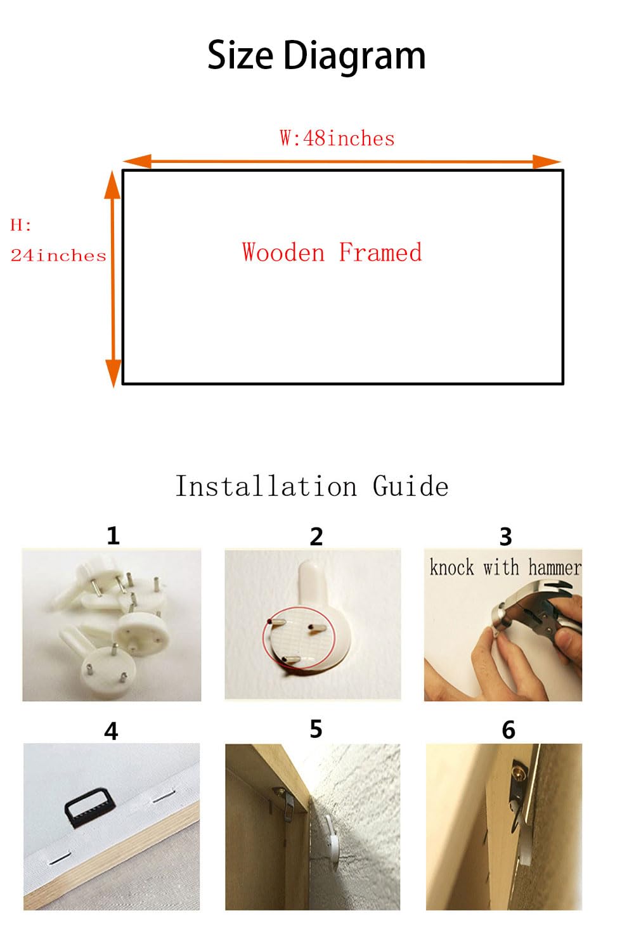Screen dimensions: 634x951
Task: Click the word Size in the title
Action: (240, 55)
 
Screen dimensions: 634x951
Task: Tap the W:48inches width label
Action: (337, 138)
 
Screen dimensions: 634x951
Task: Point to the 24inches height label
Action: (58, 256)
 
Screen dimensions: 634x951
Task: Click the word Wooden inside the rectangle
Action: (283, 252)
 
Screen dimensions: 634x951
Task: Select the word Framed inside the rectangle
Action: (380, 252)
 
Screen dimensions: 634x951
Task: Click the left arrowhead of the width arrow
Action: (137, 162)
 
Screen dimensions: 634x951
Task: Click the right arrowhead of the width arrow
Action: (547, 162)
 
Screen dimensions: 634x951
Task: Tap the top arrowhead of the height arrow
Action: (112, 185)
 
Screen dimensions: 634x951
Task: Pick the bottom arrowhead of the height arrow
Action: (113, 373)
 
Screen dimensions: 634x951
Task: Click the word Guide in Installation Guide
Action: (410, 486)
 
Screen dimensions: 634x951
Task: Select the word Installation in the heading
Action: (266, 486)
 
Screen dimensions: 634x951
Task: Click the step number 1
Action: (113, 536)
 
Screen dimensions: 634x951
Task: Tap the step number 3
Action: (505, 536)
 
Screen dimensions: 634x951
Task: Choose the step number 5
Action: (316, 729)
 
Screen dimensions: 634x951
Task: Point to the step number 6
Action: (508, 730)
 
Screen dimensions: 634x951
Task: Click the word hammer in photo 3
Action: (555, 567)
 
